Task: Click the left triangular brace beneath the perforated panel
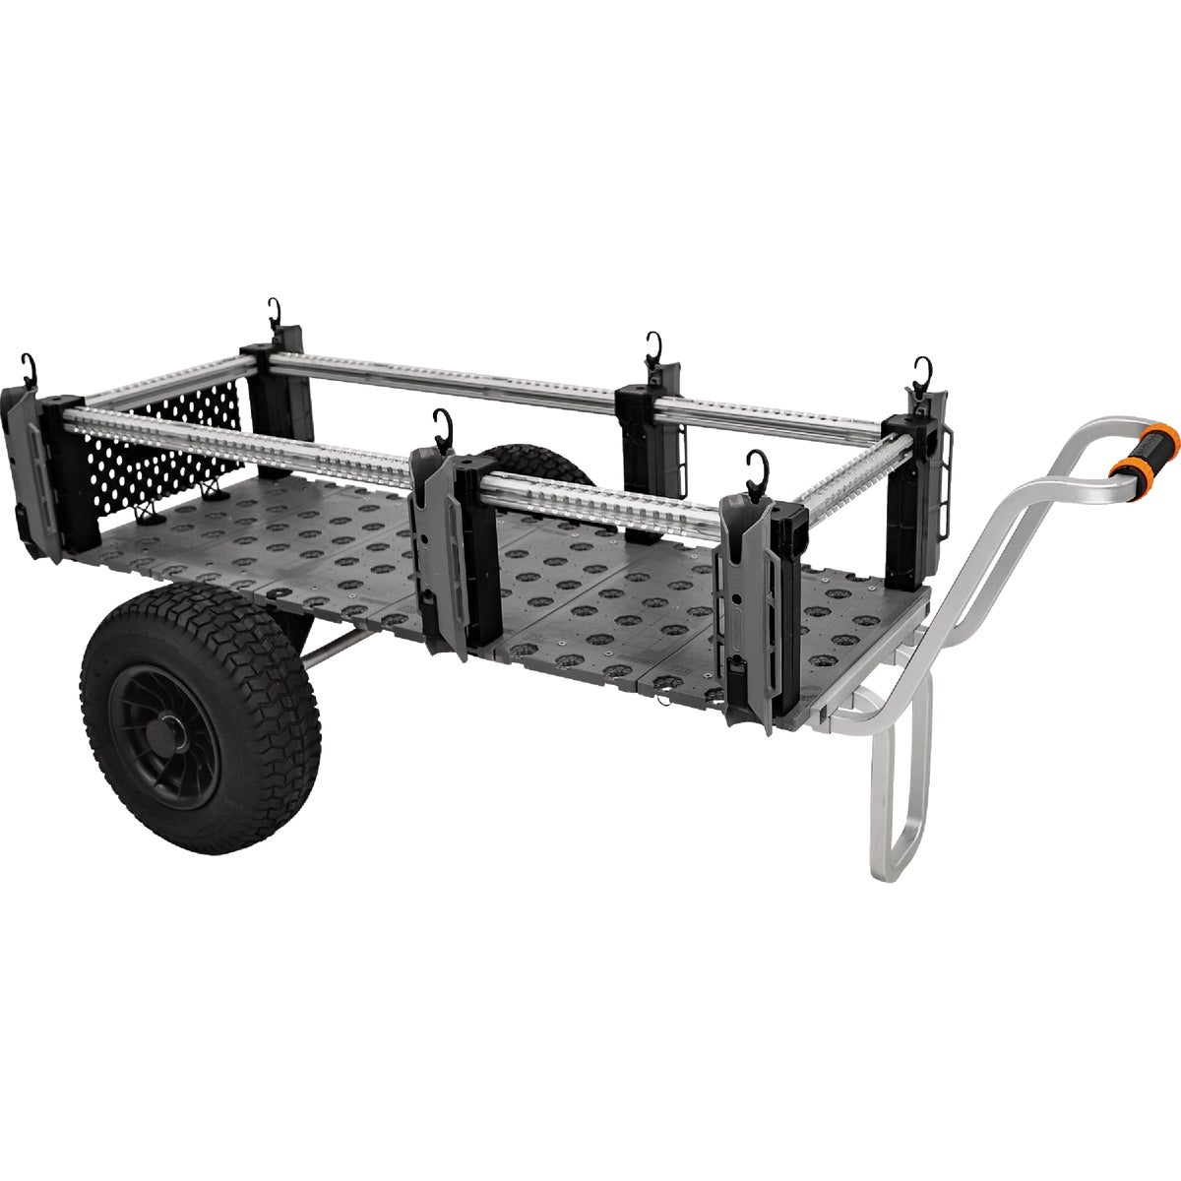(148, 510)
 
